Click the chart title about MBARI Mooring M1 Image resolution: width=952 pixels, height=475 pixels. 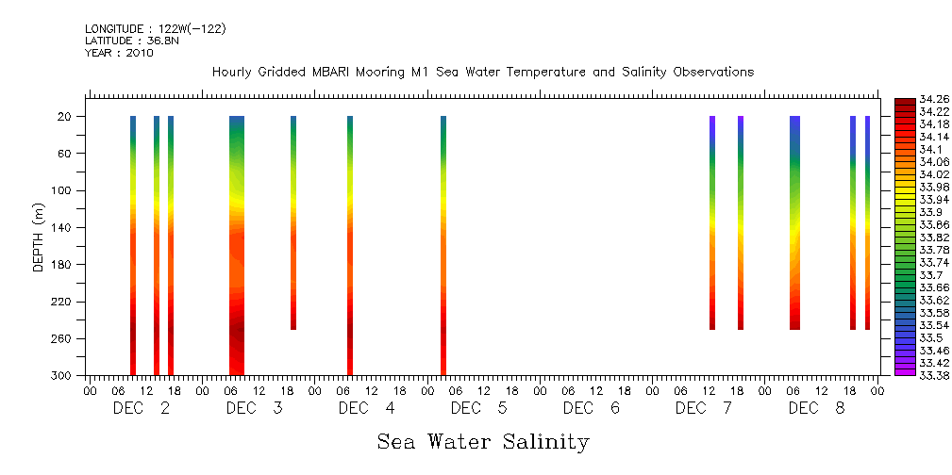click(x=482, y=73)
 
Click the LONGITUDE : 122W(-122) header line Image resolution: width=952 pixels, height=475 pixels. click(x=155, y=29)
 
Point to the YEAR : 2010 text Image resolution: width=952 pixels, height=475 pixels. click(x=119, y=53)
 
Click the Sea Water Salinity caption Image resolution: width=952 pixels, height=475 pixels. click(x=483, y=441)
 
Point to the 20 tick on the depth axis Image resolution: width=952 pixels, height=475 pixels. click(x=66, y=116)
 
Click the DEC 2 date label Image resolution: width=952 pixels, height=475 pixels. click(x=142, y=408)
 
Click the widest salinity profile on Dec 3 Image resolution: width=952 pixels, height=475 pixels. click(x=237, y=245)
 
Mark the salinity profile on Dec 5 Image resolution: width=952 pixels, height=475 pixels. click(x=443, y=245)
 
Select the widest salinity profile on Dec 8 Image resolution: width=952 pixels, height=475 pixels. click(x=794, y=222)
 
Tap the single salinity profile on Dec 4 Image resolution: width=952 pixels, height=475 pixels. click(x=350, y=245)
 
